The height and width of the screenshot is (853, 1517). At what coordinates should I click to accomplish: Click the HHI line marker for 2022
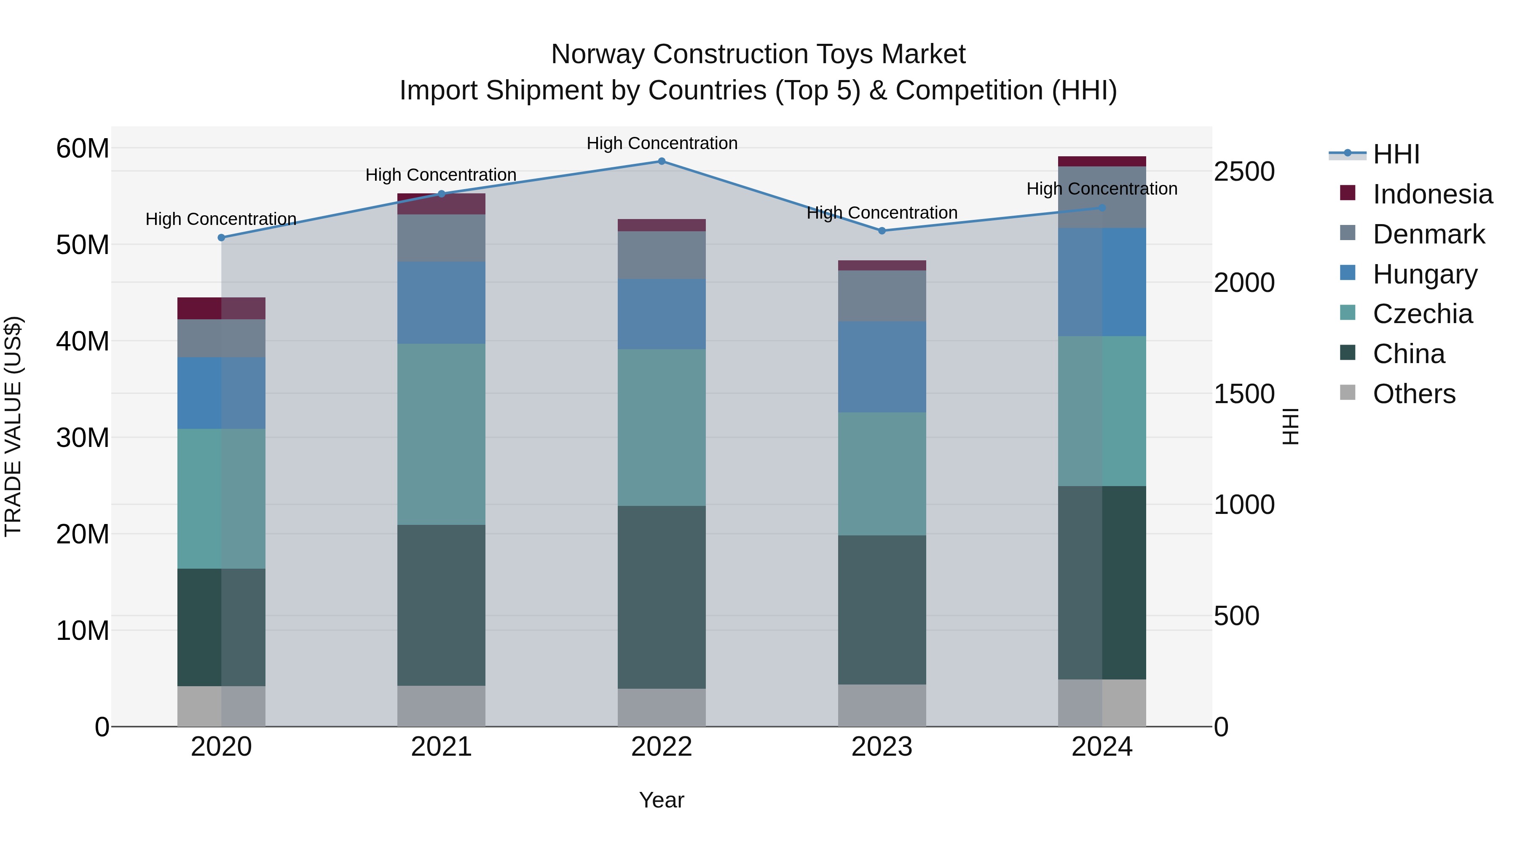[661, 161]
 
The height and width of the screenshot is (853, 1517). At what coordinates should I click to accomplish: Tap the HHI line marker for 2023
[882, 231]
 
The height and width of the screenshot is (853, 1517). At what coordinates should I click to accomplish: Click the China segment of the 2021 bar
[441, 605]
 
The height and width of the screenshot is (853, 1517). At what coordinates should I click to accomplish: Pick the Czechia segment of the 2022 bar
[661, 428]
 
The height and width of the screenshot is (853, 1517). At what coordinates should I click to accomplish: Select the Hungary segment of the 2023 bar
[882, 367]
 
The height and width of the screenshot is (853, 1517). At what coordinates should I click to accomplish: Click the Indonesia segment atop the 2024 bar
[1102, 161]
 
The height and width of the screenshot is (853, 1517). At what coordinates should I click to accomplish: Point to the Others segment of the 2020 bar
[221, 706]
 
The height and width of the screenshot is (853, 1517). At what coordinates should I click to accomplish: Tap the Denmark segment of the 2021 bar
[441, 238]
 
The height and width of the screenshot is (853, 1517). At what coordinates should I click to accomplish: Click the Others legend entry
[1413, 394]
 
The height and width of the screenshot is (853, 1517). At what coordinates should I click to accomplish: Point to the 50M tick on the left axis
[83, 245]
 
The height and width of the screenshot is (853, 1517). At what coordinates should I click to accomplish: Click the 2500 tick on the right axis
[1244, 172]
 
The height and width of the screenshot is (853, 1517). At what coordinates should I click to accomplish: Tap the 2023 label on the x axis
[882, 747]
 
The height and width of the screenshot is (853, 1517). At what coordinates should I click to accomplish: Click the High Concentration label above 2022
[661, 143]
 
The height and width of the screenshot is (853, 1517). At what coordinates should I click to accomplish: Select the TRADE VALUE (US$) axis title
[13, 426]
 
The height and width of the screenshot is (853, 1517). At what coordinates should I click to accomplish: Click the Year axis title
[661, 800]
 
